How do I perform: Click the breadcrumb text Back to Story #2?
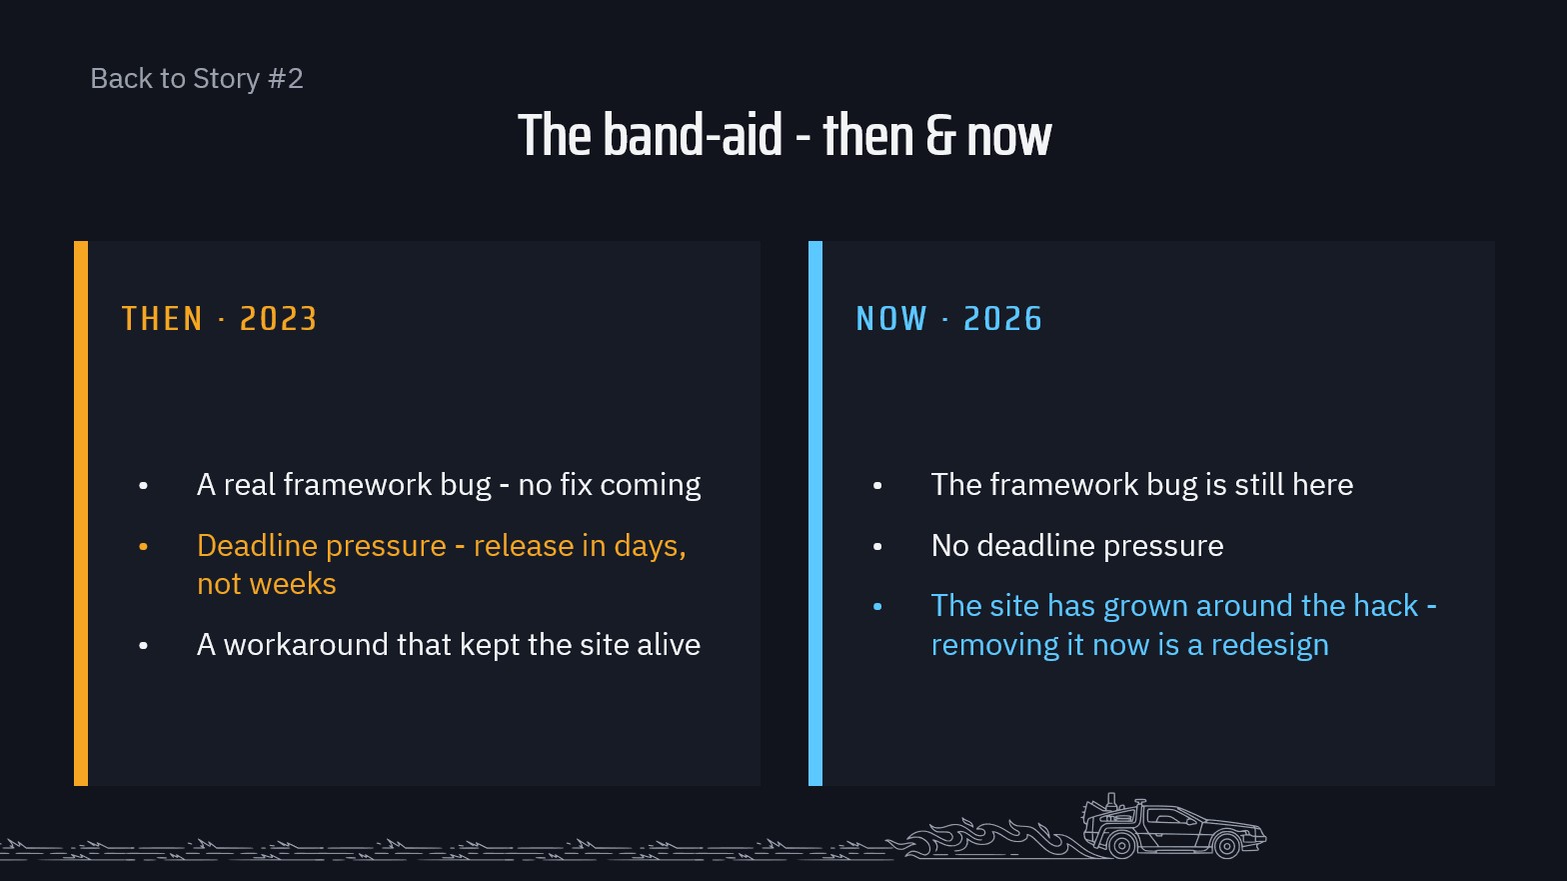click(x=197, y=78)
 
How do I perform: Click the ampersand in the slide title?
click(x=939, y=136)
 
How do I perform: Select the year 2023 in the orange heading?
click(x=279, y=318)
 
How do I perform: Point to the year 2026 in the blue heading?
click(x=1002, y=318)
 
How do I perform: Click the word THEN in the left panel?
click(x=162, y=318)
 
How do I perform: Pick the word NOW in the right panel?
click(x=891, y=318)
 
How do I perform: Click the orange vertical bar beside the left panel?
click(x=81, y=513)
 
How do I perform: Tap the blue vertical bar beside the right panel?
click(x=815, y=513)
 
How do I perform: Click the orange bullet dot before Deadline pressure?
click(x=144, y=547)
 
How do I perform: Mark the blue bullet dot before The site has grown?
click(x=877, y=607)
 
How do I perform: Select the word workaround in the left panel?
click(x=306, y=644)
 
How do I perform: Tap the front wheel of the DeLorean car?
click(x=1226, y=845)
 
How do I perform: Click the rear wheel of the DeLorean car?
click(x=1122, y=845)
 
